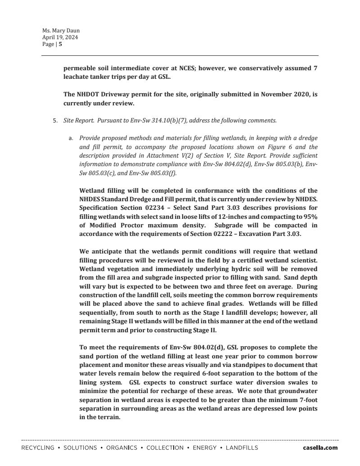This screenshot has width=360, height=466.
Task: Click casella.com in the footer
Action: [320, 448]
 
